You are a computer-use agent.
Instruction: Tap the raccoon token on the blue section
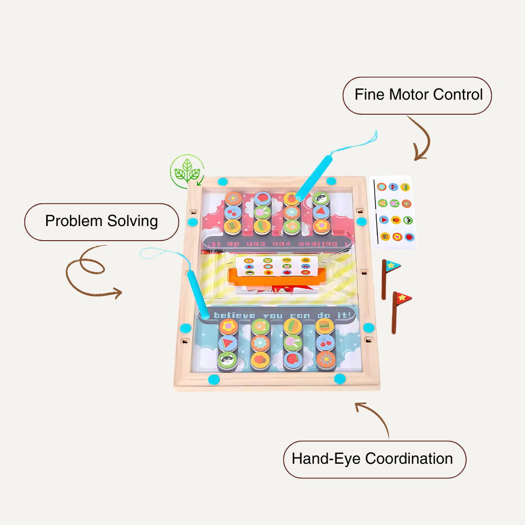click(227, 360)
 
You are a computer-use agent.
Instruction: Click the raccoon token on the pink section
click(320, 198)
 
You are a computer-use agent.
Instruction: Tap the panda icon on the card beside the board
click(408, 220)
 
